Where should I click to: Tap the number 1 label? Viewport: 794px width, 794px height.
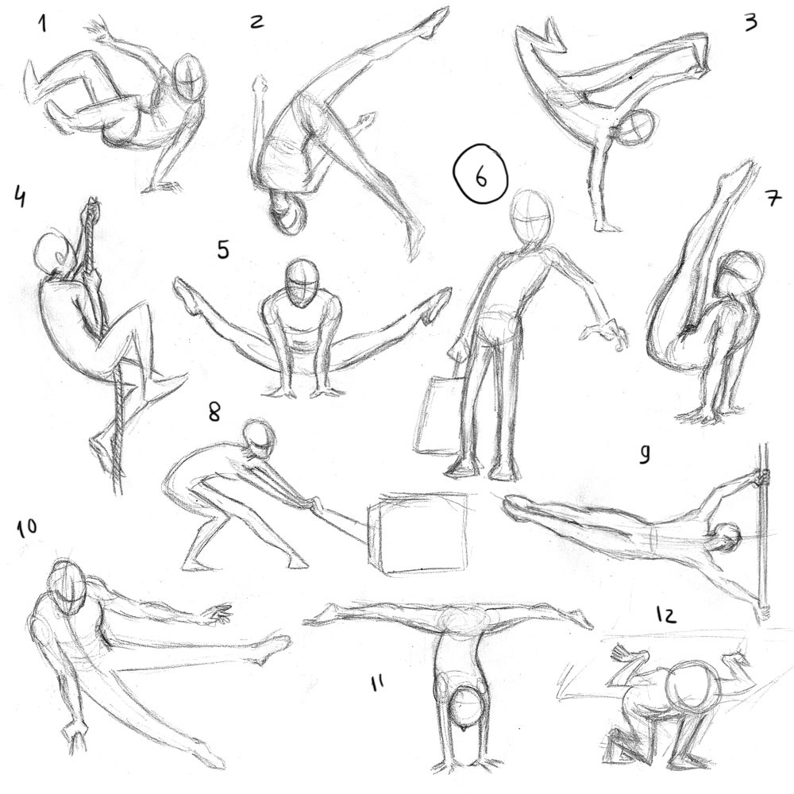click(42, 25)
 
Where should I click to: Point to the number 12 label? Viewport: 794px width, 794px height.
click(665, 615)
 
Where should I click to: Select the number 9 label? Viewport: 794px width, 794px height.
click(645, 454)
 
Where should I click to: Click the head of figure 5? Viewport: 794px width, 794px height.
click(303, 283)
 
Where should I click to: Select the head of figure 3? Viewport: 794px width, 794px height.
click(636, 128)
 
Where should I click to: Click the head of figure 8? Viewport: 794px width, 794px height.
click(260, 439)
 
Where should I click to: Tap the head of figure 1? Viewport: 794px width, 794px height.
click(191, 78)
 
